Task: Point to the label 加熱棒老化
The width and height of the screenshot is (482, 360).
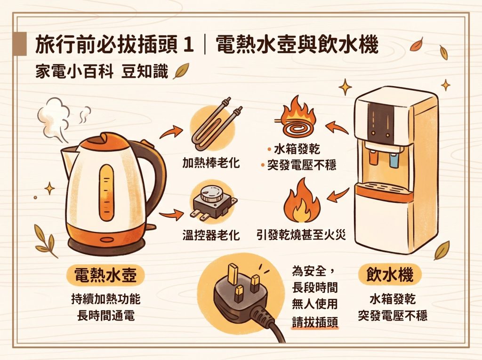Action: (x=210, y=163)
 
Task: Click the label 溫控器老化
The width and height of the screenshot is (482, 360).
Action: (x=210, y=235)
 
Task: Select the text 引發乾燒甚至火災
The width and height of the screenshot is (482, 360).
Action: (x=301, y=235)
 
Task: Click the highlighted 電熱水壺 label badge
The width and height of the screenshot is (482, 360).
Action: (x=105, y=274)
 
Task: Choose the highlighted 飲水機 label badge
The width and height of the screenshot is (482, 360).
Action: (x=389, y=274)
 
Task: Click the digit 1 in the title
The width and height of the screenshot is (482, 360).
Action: (x=187, y=46)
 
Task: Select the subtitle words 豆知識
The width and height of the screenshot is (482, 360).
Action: (x=145, y=72)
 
